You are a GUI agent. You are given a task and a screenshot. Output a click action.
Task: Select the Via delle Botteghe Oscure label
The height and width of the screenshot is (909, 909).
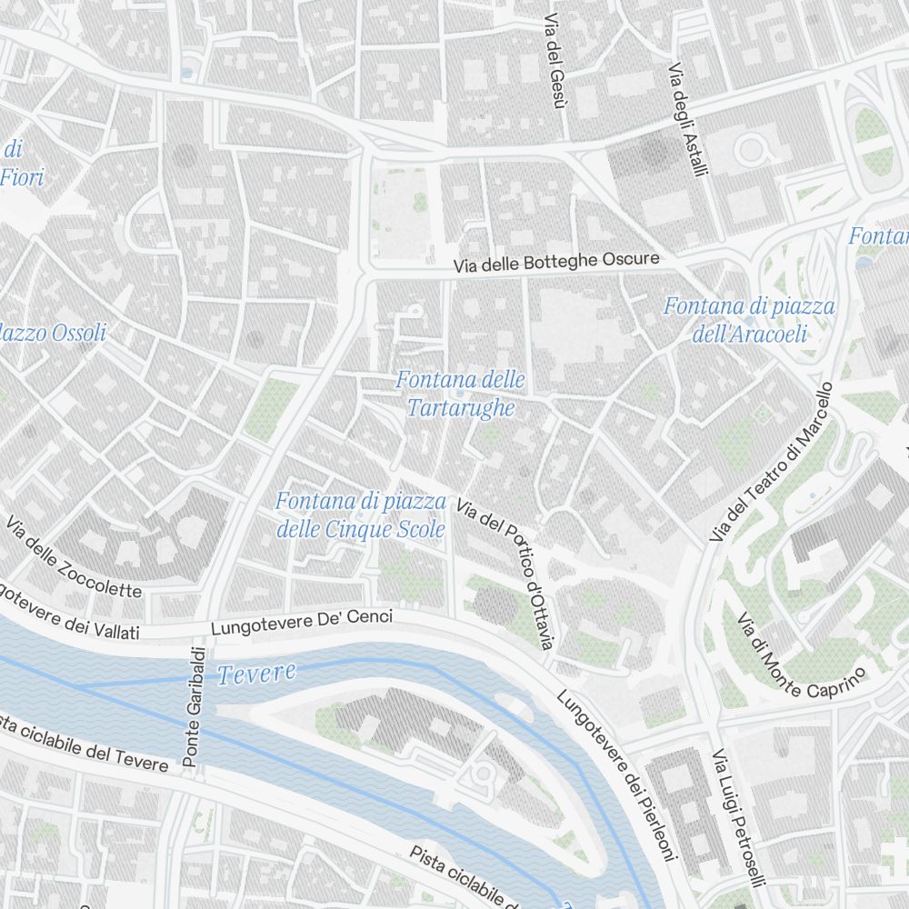556,263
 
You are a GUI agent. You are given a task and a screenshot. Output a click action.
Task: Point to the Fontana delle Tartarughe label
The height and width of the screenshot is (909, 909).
460,393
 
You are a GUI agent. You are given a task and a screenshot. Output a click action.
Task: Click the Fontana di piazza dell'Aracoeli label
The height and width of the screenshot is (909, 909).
749,319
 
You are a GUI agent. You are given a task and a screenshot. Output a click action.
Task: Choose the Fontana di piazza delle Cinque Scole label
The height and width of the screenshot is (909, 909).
361,514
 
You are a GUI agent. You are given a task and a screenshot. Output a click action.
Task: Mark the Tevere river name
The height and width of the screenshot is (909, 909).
257,674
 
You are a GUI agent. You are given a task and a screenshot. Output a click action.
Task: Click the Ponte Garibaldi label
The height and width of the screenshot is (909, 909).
193,706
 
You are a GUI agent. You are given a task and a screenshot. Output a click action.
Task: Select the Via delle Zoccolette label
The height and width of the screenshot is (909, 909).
75,557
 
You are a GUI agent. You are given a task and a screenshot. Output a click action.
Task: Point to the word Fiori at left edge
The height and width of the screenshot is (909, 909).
22,177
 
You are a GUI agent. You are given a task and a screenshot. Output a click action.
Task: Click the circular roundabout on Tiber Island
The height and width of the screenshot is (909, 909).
482,774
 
